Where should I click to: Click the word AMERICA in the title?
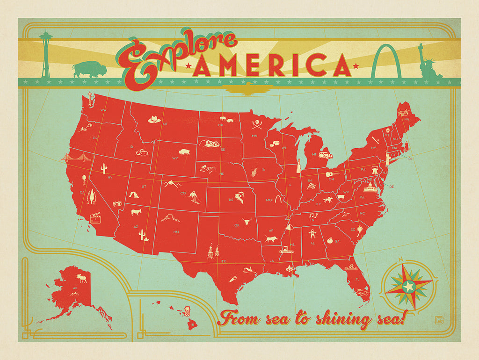tap(273, 65)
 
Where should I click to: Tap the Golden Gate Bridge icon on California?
tap(74, 158)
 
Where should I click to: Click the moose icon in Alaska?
tap(82, 279)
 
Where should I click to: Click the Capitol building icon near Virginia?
tap(369, 188)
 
